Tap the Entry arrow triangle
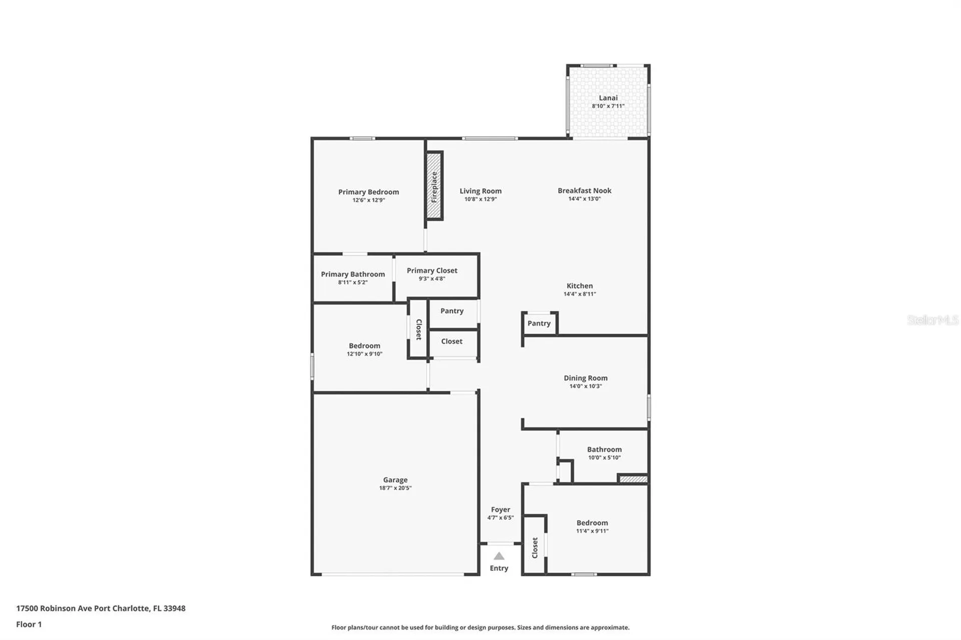pos(499,556)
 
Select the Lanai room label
pos(608,98)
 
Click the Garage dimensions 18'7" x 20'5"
pos(395,488)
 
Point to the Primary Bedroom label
pos(368,192)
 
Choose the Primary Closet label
pos(431,270)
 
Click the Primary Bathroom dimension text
pos(352,282)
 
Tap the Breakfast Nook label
pos(584,191)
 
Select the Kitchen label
pos(579,286)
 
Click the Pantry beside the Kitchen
pos(539,323)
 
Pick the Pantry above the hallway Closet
pos(451,311)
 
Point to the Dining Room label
pos(585,378)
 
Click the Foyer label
pos(500,509)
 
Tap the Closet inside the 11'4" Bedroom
pos(535,547)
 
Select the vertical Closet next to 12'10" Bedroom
pos(418,329)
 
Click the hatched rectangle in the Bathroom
pos(633,479)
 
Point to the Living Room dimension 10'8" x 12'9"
pos(480,199)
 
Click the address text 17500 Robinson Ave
pos(101,608)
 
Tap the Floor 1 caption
pos(29,624)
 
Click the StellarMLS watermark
pos(932,320)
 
